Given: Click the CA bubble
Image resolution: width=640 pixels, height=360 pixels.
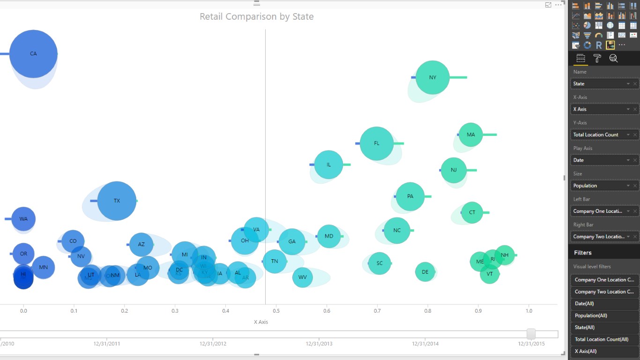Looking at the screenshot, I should pos(33,54).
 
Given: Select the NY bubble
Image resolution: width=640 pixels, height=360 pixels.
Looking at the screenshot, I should pos(432,77).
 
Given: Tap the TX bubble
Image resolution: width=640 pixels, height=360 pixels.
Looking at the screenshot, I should pos(117,201).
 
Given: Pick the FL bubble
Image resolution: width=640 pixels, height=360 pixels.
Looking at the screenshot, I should pos(377,143).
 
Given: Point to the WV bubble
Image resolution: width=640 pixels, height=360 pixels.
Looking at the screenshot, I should pos(303,277).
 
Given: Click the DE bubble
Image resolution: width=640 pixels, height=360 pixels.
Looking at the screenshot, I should pos(425,272).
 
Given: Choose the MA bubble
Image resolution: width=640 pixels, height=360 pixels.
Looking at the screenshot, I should pos(470,135).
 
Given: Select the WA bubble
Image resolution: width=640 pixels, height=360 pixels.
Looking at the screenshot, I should pos(23,219).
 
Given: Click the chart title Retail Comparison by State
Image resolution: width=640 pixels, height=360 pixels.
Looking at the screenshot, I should pos(256,16).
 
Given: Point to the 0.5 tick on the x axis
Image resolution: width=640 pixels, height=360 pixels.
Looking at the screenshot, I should pos(276,311).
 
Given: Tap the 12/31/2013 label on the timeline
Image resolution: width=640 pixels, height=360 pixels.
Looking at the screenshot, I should pos(319,344).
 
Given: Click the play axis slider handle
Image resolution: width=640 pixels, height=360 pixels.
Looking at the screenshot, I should pos(531,334).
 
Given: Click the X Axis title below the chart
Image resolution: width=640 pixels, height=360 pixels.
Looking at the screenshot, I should pos(261,322).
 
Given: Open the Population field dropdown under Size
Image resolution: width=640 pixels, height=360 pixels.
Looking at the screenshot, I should pos(628,186).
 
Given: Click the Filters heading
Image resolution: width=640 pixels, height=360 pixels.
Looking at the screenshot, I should pos(583,253).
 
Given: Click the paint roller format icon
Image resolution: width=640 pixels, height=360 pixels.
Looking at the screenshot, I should pos(597,58).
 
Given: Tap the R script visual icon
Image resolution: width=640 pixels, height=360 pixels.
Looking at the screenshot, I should pos(599,45).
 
